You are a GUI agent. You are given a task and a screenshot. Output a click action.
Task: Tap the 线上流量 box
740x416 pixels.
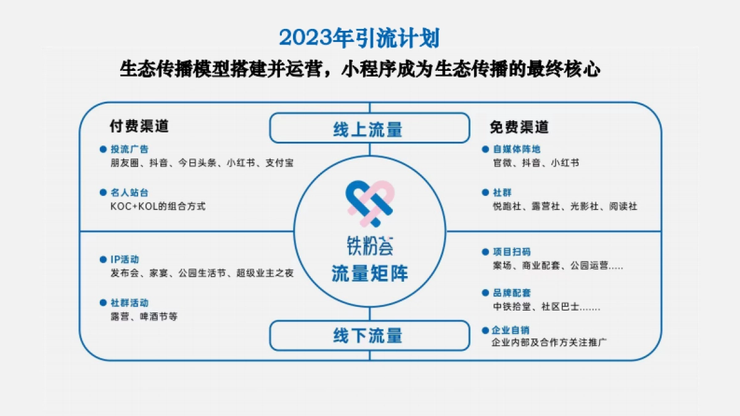click(369, 129)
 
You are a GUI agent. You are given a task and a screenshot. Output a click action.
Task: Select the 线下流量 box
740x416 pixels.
click(369, 335)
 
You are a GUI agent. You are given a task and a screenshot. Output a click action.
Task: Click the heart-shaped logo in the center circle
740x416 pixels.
click(369, 203)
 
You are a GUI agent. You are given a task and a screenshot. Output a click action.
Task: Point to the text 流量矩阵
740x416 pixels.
click(369, 273)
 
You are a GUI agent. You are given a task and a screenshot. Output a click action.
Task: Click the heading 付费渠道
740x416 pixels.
click(139, 126)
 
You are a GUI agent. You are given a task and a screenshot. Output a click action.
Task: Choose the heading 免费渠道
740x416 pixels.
click(519, 127)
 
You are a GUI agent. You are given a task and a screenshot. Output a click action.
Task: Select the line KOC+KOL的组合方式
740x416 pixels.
click(158, 206)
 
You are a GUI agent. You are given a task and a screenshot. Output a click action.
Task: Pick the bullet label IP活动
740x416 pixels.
click(125, 259)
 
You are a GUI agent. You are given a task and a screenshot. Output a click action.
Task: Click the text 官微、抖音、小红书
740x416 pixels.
click(536, 163)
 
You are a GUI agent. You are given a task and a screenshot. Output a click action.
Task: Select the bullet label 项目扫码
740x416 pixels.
click(512, 251)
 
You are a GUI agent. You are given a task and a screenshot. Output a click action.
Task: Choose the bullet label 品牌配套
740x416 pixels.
click(512, 293)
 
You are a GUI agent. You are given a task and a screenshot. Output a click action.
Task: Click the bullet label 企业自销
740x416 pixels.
click(512, 329)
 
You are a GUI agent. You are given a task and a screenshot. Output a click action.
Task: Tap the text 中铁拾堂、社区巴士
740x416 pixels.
click(546, 307)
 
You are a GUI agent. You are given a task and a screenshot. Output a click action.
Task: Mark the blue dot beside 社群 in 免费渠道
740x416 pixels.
click(485, 193)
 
